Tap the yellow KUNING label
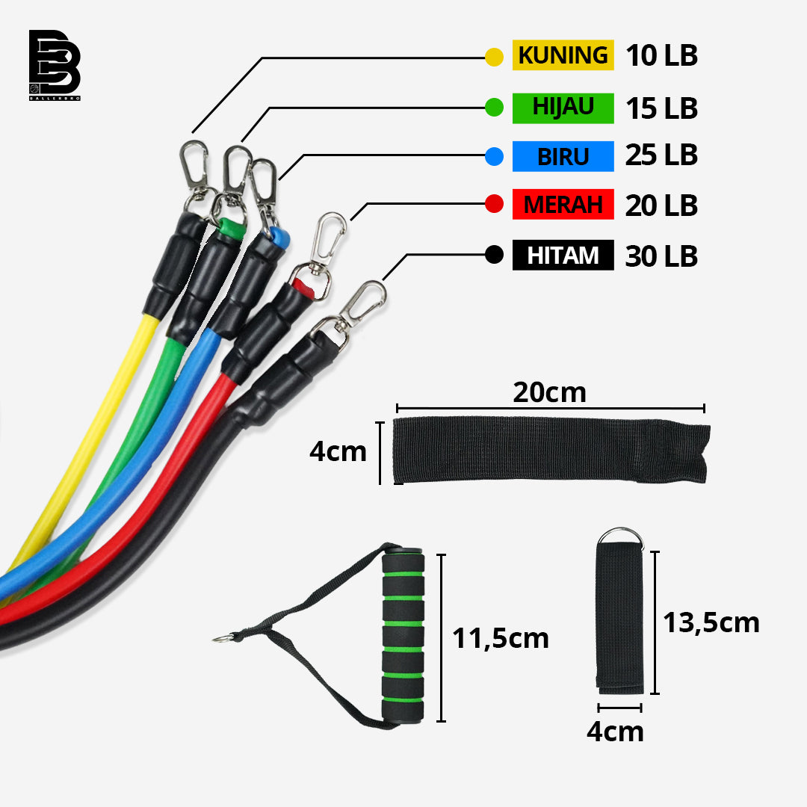[x=563, y=56]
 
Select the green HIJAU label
[x=563, y=108]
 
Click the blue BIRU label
[x=563, y=157]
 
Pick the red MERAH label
[x=563, y=205]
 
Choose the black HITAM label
[x=563, y=256]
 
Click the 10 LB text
[x=661, y=56]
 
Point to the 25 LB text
[x=661, y=155]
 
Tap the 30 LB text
[x=661, y=256]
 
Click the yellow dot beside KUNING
[x=494, y=57]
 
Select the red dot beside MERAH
[x=494, y=204]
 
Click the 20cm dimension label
[x=549, y=392]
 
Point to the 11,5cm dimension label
[x=501, y=638]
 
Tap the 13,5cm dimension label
[x=711, y=622]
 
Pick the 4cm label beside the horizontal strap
[x=338, y=452]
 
